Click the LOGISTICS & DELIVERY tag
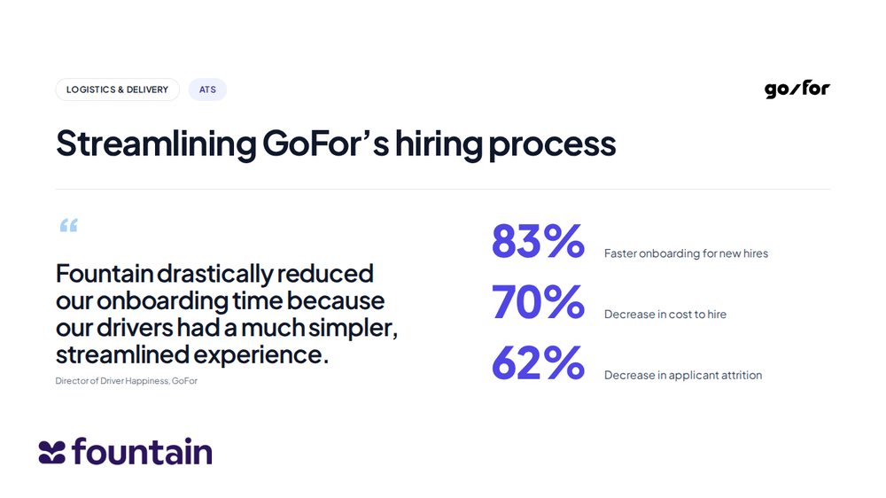coord(118,89)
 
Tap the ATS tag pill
coord(207,89)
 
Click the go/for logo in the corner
coord(797,89)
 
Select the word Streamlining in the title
coord(156,144)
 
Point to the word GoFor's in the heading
coord(325,143)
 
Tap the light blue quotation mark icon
coord(69,226)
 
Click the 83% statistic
coord(538,241)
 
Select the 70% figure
coord(538,301)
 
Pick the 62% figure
coord(538,362)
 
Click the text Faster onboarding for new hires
coord(686,253)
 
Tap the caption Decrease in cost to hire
coord(665,315)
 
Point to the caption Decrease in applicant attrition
coord(683,376)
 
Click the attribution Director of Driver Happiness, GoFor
coord(127,381)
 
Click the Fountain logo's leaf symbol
coord(52,452)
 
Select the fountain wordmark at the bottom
coord(142,451)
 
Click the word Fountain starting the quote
coord(105,274)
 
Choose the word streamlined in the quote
coord(122,355)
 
